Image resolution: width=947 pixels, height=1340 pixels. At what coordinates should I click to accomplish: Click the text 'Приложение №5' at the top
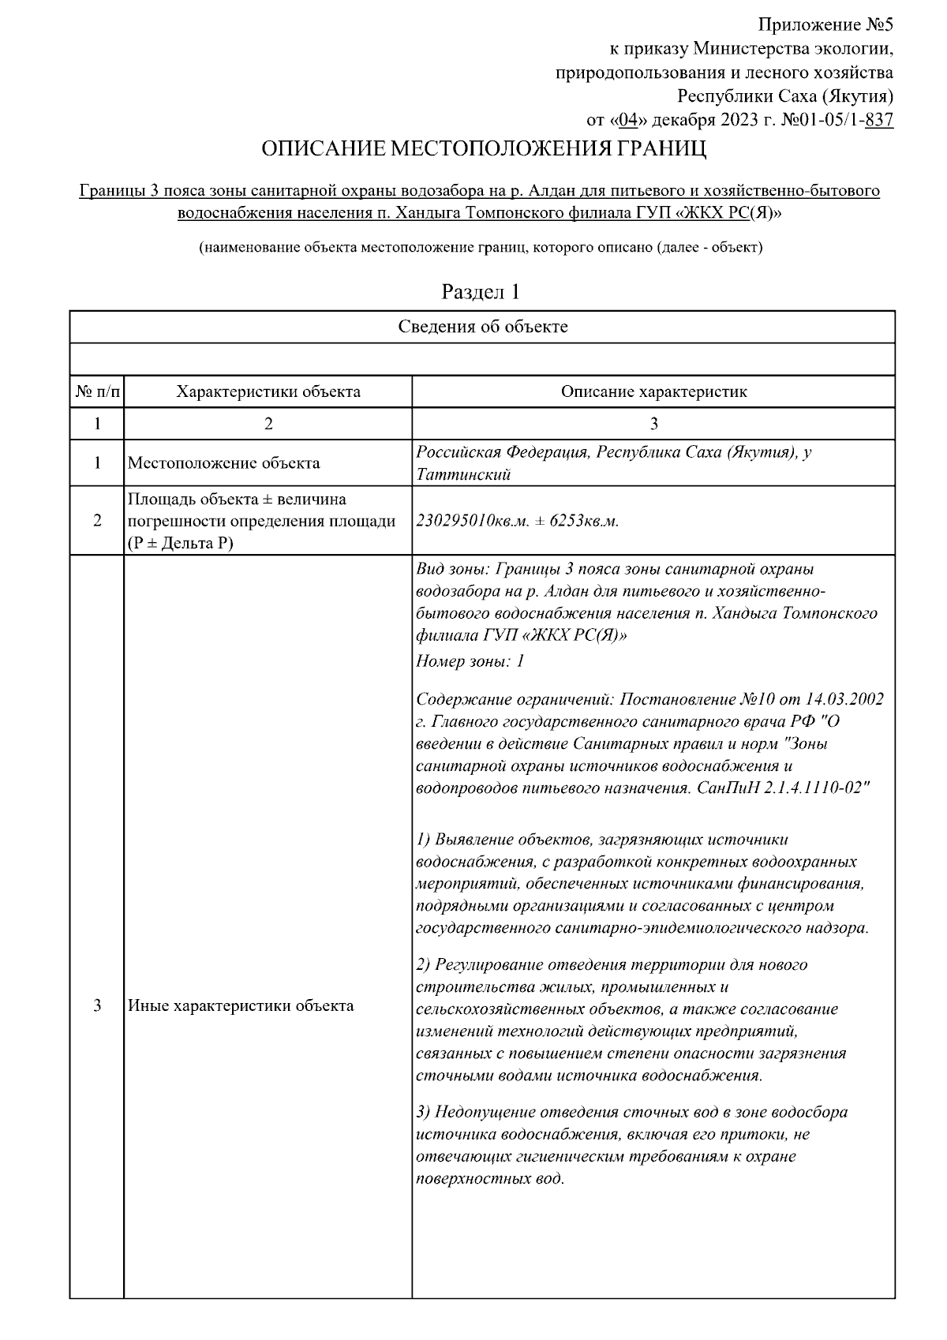tap(825, 24)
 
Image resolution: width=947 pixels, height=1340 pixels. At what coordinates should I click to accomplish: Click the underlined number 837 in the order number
tap(879, 120)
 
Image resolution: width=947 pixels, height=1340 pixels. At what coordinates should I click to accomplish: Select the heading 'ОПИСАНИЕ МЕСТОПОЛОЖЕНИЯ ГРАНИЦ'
tap(484, 149)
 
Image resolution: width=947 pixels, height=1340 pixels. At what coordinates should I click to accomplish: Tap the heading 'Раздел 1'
tap(481, 292)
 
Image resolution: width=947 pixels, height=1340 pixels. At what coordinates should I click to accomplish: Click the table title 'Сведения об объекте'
tap(482, 327)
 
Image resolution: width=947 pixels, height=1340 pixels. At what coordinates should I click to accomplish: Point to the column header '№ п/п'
tap(97, 391)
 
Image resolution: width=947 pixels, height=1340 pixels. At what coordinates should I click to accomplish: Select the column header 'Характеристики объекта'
tap(268, 391)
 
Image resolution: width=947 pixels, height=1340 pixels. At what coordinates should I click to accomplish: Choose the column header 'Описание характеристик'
tap(653, 391)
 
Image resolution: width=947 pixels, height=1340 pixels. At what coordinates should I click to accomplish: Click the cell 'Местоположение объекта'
tap(223, 462)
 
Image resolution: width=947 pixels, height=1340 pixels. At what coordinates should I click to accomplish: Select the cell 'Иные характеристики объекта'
tap(241, 1005)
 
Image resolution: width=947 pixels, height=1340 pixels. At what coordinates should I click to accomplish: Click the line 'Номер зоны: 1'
tap(470, 661)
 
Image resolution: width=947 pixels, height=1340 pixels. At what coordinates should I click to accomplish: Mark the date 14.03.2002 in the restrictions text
tap(844, 699)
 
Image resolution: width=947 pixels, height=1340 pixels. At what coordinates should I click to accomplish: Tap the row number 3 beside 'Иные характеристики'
tap(97, 1005)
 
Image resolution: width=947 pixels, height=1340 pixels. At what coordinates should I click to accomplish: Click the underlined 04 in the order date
tap(628, 120)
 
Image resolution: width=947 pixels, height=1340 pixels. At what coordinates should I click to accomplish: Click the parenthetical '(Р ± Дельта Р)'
tap(181, 543)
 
